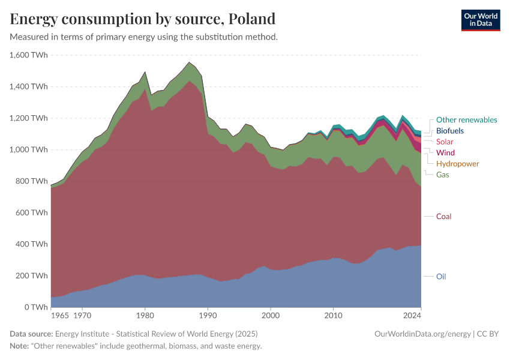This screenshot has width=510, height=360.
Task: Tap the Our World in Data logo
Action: click(480, 20)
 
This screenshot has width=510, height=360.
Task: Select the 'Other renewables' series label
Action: click(466, 120)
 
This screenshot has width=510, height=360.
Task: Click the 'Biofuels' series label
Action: click(449, 131)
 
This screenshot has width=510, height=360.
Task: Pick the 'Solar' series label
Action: click(445, 142)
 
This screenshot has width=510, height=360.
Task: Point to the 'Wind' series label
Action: click(445, 153)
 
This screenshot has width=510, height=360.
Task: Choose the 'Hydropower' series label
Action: click(457, 164)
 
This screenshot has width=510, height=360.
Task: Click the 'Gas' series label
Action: click(443, 175)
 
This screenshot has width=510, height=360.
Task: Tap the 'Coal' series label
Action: click(444, 216)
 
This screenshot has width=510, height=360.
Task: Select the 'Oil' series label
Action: click(441, 277)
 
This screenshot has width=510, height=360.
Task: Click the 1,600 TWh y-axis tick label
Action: click(29, 55)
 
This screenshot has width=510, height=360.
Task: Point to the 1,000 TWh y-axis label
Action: click(29, 150)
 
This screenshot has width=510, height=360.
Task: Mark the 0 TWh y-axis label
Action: click(35, 307)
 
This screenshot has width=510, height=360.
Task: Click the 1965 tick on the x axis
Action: click(59, 314)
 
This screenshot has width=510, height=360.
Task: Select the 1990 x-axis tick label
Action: click(208, 314)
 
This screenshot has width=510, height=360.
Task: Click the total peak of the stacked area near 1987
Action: click(189, 62)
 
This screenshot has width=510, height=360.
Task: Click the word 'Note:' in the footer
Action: click(21, 346)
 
